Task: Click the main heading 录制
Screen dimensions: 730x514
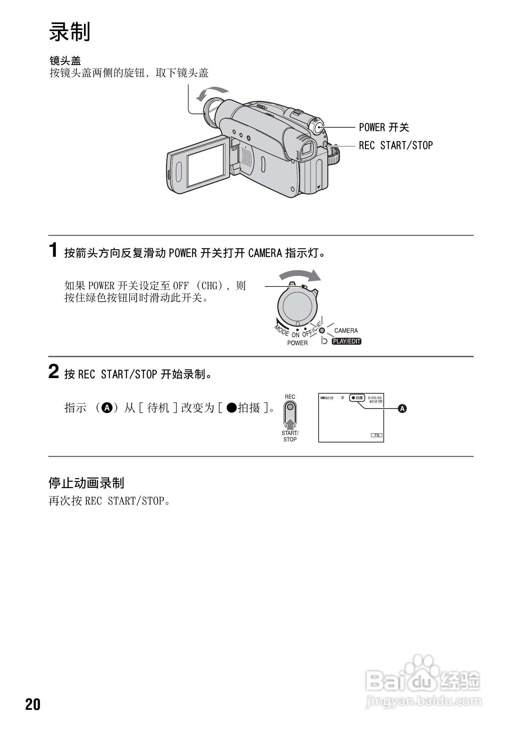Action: pyautogui.click(x=70, y=32)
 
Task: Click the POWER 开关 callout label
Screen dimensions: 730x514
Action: pyautogui.click(x=384, y=127)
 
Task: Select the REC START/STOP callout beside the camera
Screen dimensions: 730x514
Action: pyautogui.click(x=396, y=145)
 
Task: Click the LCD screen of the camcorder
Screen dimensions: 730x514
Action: pyautogui.click(x=206, y=165)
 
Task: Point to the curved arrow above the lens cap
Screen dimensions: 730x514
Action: pyautogui.click(x=211, y=92)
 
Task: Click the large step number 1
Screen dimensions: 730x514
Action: pyautogui.click(x=53, y=251)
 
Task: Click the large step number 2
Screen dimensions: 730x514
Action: pyautogui.click(x=53, y=372)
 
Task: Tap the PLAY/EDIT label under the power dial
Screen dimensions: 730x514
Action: pyautogui.click(x=346, y=341)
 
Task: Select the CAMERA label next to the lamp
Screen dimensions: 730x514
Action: pyautogui.click(x=346, y=331)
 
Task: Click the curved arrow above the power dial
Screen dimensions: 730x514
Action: pyautogui.click(x=300, y=275)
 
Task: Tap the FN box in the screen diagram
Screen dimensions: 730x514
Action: pyautogui.click(x=377, y=435)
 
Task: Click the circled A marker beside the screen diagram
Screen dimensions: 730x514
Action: pyautogui.click(x=402, y=409)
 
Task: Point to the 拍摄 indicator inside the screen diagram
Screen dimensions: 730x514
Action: pyautogui.click(x=357, y=398)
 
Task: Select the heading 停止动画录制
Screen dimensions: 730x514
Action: pyautogui.click(x=86, y=483)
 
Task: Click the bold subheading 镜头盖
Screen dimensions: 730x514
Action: pyautogui.click(x=65, y=61)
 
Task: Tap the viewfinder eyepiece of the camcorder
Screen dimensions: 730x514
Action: pyautogui.click(x=307, y=149)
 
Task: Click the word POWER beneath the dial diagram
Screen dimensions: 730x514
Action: pyautogui.click(x=297, y=343)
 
